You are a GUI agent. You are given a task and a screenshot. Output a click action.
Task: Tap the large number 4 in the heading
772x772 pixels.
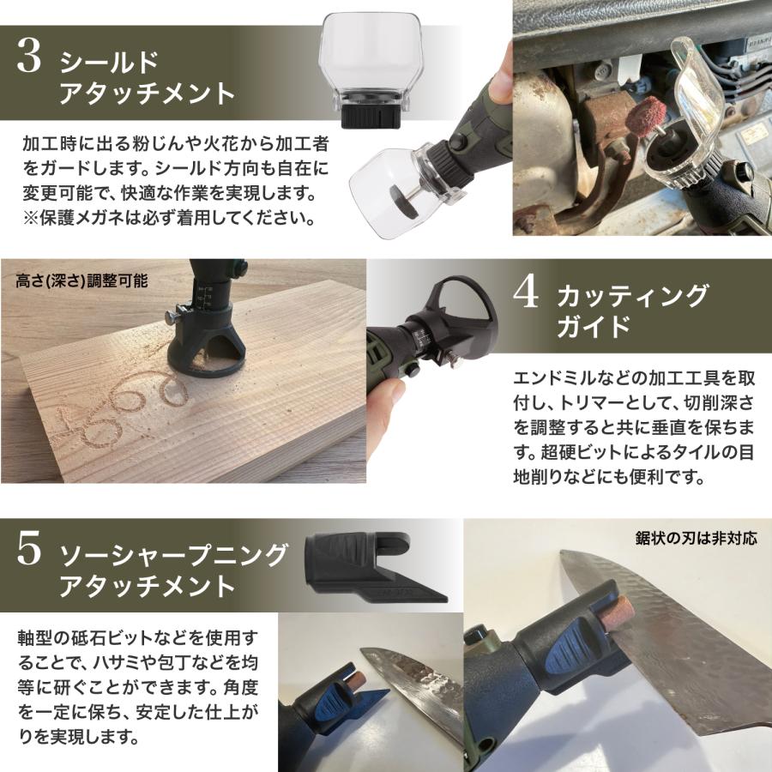[x=525, y=294]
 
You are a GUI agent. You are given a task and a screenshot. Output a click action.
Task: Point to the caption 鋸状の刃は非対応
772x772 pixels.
[x=696, y=539]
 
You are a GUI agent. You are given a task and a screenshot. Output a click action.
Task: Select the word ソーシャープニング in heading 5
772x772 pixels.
[x=172, y=555]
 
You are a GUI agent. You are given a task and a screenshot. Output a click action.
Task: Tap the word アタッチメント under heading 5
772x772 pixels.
[x=146, y=587]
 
